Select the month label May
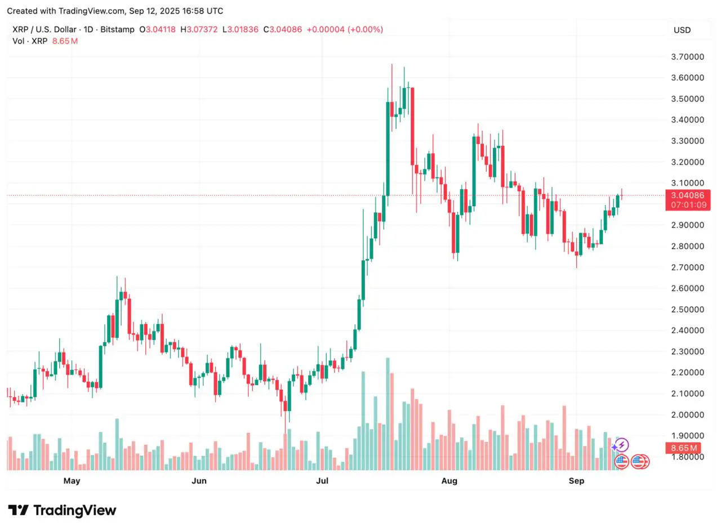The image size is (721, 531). (x=72, y=481)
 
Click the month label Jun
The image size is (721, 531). (x=199, y=481)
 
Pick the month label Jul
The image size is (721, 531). (x=322, y=481)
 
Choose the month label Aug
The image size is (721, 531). (x=449, y=481)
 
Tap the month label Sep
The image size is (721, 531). (x=576, y=481)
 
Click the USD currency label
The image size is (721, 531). (x=682, y=30)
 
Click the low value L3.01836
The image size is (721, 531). (x=241, y=29)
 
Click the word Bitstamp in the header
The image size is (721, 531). (x=118, y=29)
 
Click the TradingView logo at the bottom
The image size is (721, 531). (x=62, y=511)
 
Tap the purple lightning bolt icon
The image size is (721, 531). (x=622, y=445)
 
